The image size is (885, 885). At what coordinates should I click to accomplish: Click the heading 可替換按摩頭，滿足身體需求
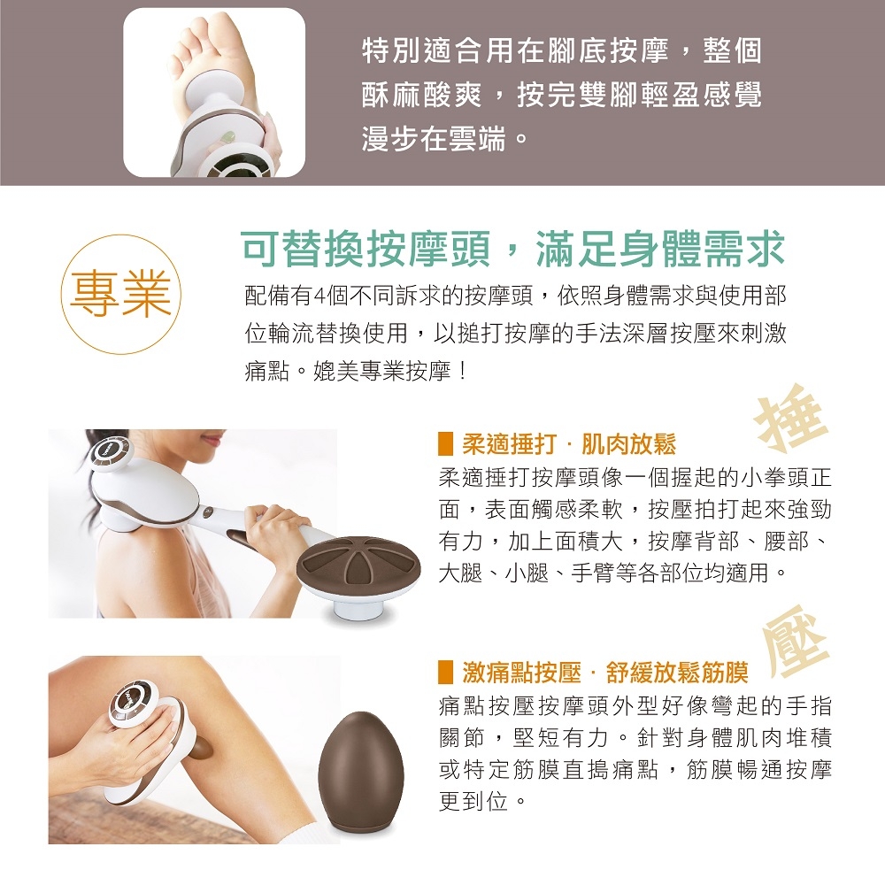(513, 250)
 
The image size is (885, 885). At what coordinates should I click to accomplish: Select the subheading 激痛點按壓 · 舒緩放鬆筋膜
(604, 673)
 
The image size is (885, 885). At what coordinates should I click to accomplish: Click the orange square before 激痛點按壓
(447, 673)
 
